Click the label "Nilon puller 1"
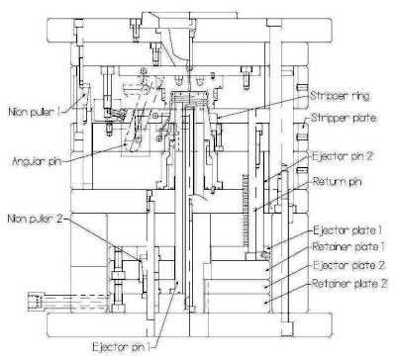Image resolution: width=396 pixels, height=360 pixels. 34,111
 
